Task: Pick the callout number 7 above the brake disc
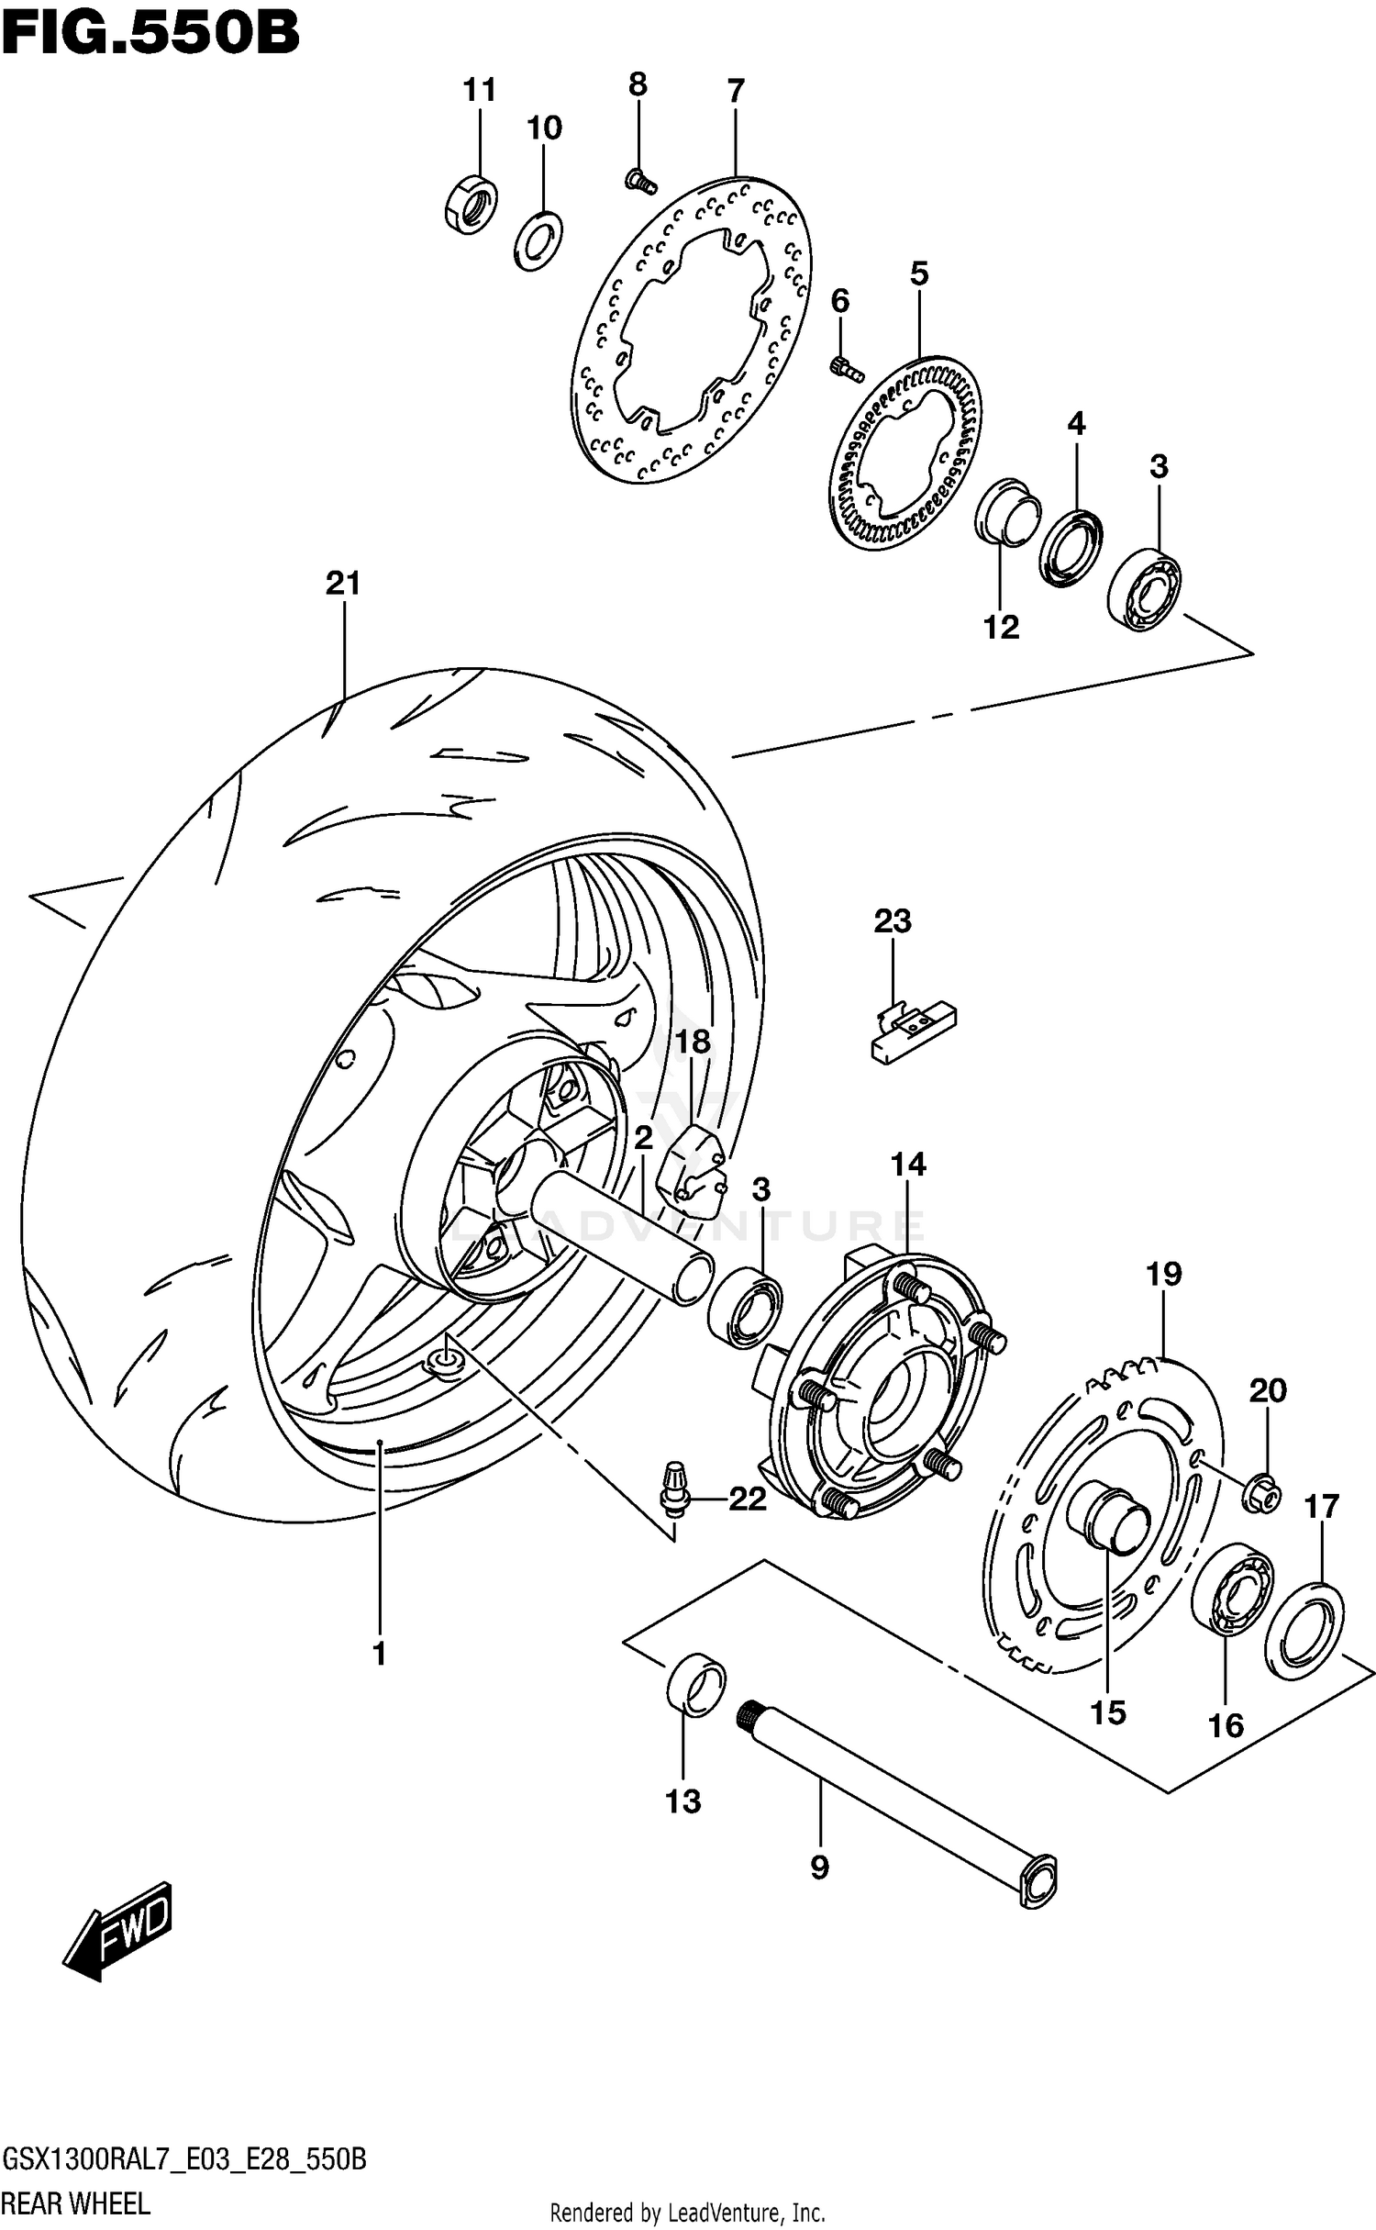coord(735,92)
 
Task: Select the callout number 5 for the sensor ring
coord(918,273)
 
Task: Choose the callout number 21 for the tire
coord(343,583)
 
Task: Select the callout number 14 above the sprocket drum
coord(907,1165)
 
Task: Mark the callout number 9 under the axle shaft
coord(819,1866)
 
